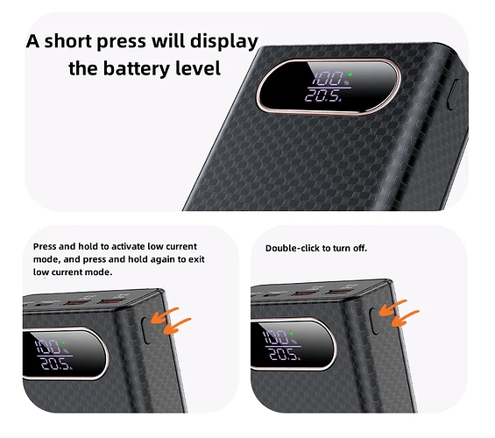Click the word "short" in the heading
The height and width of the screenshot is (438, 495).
pyautogui.click(x=68, y=41)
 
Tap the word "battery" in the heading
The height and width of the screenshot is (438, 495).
pyautogui.click(x=137, y=68)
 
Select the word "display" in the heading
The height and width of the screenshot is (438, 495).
pyautogui.click(x=223, y=42)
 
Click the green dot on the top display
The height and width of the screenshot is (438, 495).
pyautogui.click(x=350, y=74)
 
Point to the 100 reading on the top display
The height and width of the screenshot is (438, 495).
pyautogui.click(x=328, y=78)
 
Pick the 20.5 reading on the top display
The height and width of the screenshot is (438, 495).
pyautogui.click(x=322, y=95)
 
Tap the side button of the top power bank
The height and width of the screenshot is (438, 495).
pyautogui.click(x=452, y=95)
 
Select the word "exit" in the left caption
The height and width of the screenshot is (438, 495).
pyautogui.click(x=196, y=259)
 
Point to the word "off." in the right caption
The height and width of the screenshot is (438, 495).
pyautogui.click(x=360, y=249)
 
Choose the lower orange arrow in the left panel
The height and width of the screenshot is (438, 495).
pyautogui.click(x=176, y=325)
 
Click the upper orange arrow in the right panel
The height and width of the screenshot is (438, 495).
pyautogui.click(x=392, y=307)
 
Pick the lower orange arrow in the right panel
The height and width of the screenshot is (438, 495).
pyautogui.click(x=405, y=317)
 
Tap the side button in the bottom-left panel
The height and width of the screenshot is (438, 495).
pyautogui.click(x=146, y=330)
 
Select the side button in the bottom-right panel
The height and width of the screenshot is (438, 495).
pyautogui.click(x=375, y=321)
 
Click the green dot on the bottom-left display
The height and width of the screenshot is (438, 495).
pyautogui.click(x=63, y=343)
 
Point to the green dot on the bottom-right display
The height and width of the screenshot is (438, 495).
pyautogui.click(x=291, y=333)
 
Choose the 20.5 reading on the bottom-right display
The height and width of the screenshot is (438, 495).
pyautogui.click(x=283, y=355)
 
